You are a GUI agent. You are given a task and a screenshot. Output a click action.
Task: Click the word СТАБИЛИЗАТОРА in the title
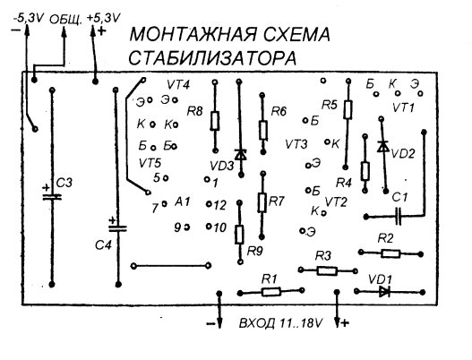click(212, 58)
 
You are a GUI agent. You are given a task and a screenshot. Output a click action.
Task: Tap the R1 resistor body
click(271, 292)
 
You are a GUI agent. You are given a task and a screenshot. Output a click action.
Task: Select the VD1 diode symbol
click(384, 292)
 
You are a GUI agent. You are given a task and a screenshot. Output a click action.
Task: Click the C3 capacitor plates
click(52, 197)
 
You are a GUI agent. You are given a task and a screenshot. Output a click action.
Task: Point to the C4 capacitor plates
click(117, 228)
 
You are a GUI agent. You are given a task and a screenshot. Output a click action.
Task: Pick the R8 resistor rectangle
click(215, 121)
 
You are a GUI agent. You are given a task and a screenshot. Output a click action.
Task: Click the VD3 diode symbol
click(241, 155)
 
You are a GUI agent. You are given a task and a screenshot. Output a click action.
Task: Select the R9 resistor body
click(239, 235)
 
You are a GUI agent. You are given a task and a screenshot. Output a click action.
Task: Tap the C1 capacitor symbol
click(399, 216)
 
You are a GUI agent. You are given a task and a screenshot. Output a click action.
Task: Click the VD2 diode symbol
click(382, 146)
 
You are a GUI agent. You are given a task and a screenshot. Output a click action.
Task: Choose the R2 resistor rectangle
click(390, 253)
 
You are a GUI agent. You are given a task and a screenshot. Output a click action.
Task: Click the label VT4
click(178, 85)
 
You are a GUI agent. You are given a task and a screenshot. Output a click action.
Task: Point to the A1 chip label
click(183, 201)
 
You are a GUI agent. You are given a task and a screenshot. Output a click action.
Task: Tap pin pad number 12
click(209, 204)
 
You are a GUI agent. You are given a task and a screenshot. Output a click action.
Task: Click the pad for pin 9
click(187, 227)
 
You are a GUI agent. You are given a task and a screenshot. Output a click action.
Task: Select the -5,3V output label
click(29, 19)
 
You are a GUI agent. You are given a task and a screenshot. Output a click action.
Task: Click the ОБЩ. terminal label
click(65, 20)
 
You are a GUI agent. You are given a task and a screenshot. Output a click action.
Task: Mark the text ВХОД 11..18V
click(281, 323)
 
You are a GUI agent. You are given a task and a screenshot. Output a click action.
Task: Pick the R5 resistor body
click(348, 109)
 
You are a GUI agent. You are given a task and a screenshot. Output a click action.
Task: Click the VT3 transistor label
click(296, 144)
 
